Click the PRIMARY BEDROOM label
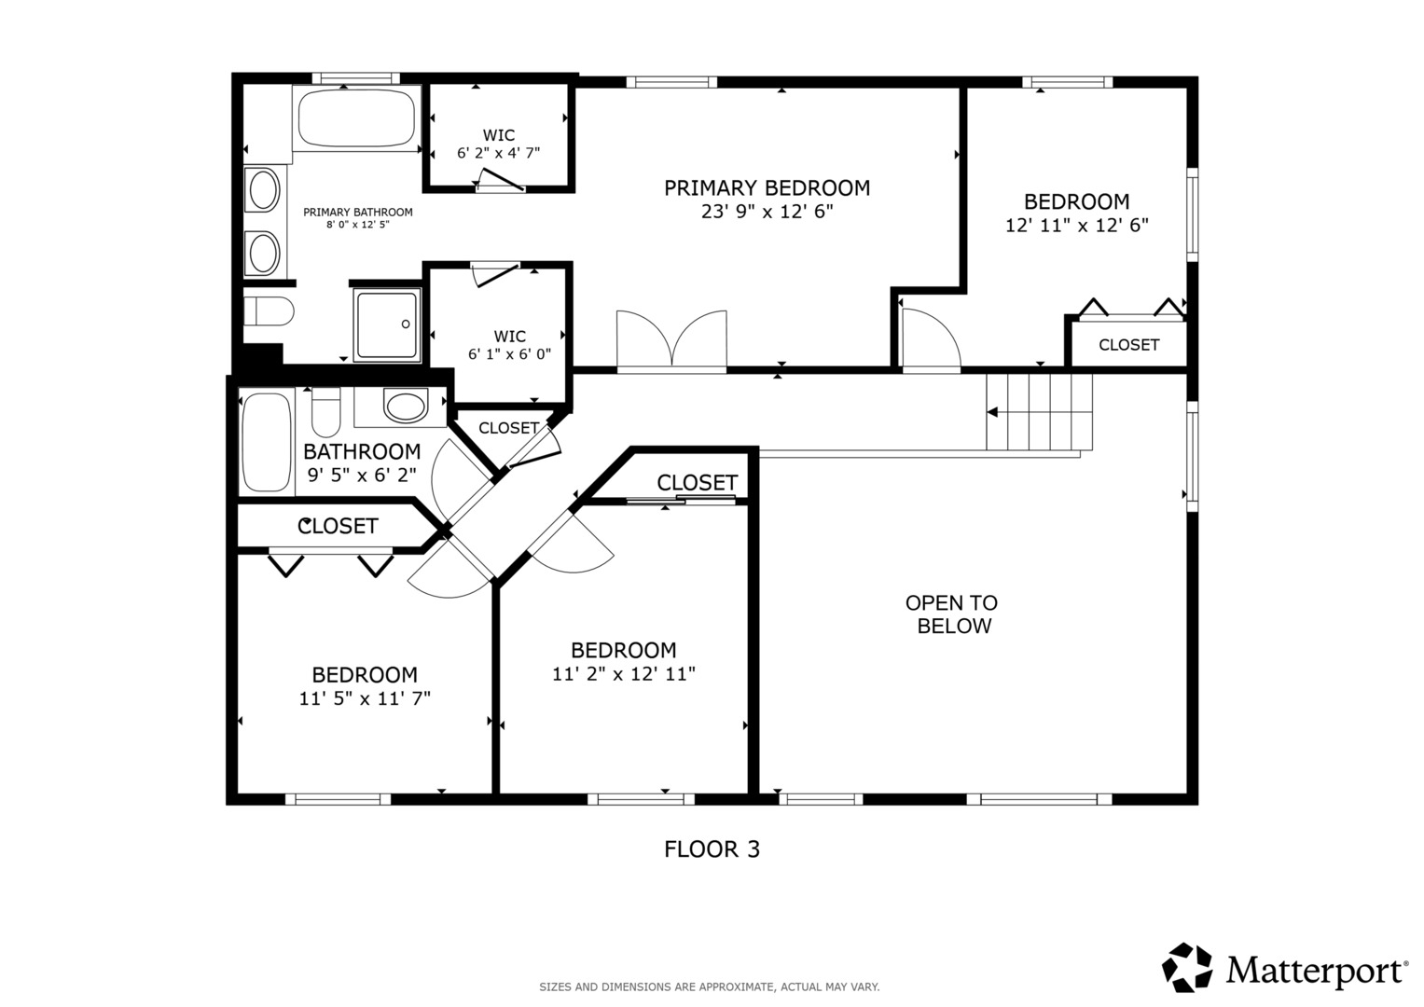point(767,187)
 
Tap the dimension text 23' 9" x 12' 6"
point(767,211)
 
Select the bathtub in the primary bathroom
point(356,119)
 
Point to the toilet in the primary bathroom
point(269,310)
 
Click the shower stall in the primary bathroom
point(387,324)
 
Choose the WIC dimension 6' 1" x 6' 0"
point(509,354)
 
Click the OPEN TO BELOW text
point(952,614)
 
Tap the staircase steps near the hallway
point(1039,412)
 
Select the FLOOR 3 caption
point(712,849)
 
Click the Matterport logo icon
point(1187,968)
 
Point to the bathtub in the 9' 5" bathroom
point(267,443)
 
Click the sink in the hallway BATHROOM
point(406,407)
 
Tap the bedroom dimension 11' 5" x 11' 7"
point(365,698)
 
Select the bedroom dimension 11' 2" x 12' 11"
point(624,674)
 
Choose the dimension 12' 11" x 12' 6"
point(1077,225)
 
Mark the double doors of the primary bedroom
point(671,340)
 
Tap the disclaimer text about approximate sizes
point(710,987)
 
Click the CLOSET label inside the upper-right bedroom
point(1129,345)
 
